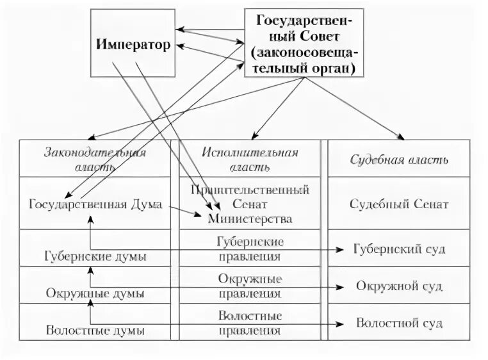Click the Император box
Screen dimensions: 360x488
pyautogui.click(x=133, y=44)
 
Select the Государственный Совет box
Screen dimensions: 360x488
pyautogui.click(x=304, y=43)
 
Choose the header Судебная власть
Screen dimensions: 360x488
pyautogui.click(x=399, y=160)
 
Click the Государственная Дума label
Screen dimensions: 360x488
pyautogui.click(x=95, y=204)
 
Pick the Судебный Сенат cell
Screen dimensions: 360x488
pyautogui.click(x=399, y=204)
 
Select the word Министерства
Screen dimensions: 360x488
pyautogui.click(x=250, y=219)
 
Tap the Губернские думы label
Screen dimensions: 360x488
pyautogui.click(x=95, y=256)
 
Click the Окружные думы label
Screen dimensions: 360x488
pyautogui.click(x=95, y=293)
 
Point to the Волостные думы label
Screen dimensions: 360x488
pyautogui.click(x=95, y=331)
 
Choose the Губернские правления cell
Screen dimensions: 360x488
pyautogui.click(x=250, y=249)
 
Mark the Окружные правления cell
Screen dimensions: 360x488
pyautogui.click(x=250, y=286)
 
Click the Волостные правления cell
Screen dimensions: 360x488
pyautogui.click(x=250, y=323)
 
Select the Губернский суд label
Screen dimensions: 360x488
pyautogui.click(x=399, y=249)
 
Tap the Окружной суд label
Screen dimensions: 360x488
pyautogui.click(x=399, y=286)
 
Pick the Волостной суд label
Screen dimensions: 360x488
pyautogui.click(x=399, y=323)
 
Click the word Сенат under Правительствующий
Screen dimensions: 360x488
pyautogui.click(x=250, y=204)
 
